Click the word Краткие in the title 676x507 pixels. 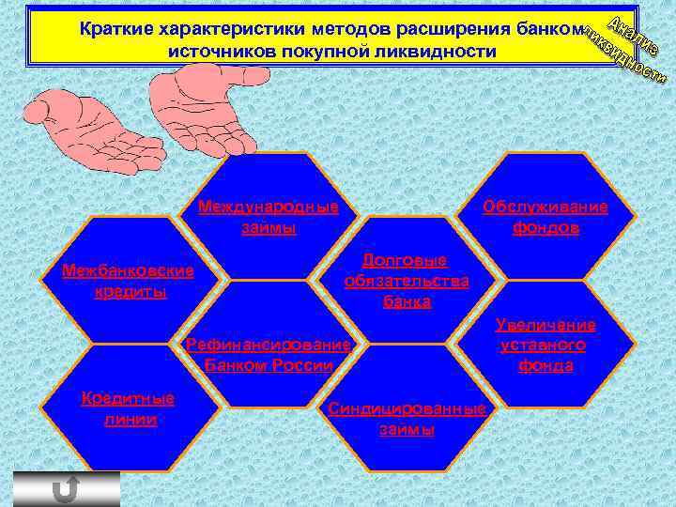(115, 29)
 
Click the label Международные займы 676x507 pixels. (269, 217)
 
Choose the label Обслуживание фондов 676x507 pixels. (545, 217)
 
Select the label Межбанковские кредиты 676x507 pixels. (128, 281)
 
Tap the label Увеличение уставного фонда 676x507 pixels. (545, 345)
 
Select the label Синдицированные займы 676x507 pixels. (407, 419)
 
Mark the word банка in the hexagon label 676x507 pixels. (407, 301)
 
